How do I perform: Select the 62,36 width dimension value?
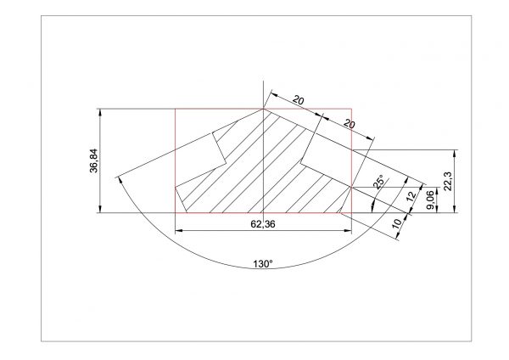[262, 224]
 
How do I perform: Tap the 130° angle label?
[263, 264]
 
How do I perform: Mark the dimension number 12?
[411, 197]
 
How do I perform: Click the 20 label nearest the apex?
[299, 101]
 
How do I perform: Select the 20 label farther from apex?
[348, 123]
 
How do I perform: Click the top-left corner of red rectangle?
[175, 109]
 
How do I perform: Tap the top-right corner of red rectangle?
[350, 109]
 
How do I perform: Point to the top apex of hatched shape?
[264, 108]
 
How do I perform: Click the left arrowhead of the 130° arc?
[119, 177]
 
